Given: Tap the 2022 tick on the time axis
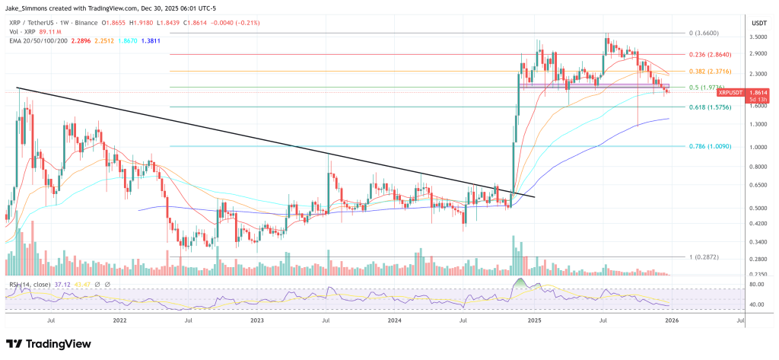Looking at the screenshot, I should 120,321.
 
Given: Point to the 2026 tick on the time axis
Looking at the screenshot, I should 672,321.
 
